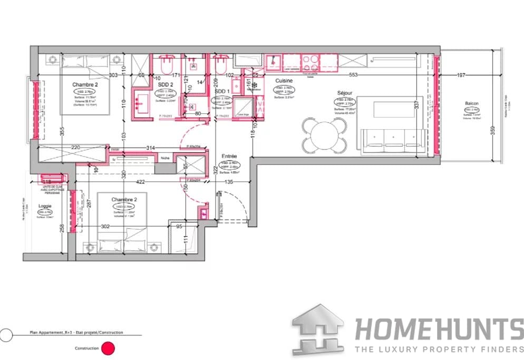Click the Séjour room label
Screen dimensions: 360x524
pos(345,93)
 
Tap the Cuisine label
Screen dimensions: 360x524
pos(284,80)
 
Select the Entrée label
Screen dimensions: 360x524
pos(229,156)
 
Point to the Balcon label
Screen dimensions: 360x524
pos(471,103)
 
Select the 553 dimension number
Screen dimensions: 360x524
pos(353,75)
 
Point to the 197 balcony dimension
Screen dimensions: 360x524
pos(461,75)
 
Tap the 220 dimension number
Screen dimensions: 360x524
pos(75,148)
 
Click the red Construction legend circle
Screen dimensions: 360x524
pos(108,348)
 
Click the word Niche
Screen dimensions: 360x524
pos(165,158)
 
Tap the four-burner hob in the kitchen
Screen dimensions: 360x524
pos(310,61)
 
